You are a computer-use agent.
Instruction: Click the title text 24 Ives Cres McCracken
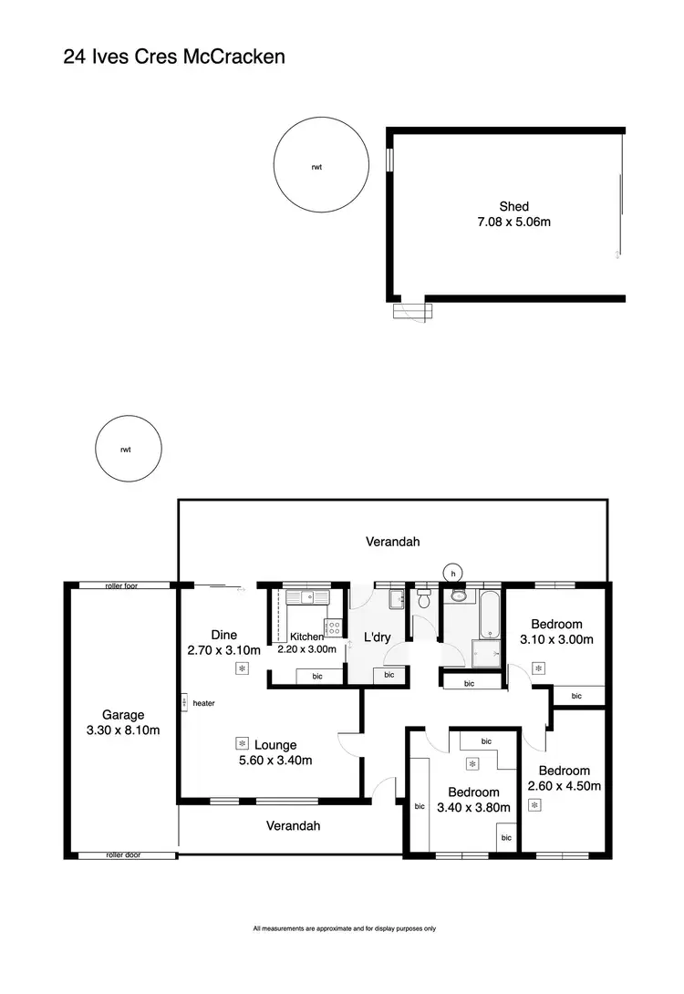tap(174, 57)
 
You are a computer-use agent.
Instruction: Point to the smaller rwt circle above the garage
tap(125, 449)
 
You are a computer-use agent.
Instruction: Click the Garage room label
tap(123, 715)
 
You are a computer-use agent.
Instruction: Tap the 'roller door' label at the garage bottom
tap(126, 855)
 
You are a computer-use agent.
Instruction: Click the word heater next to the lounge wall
tap(203, 703)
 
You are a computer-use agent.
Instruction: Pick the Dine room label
tap(223, 635)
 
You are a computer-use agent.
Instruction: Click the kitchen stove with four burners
tap(334, 627)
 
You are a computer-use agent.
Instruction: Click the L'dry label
tap(377, 637)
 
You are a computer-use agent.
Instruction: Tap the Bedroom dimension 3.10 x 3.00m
tap(556, 639)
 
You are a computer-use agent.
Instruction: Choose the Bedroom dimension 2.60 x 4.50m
tap(564, 785)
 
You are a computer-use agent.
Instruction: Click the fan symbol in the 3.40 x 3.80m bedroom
tap(472, 763)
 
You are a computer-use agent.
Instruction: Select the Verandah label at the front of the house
tap(293, 825)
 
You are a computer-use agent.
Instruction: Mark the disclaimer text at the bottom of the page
tap(344, 928)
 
